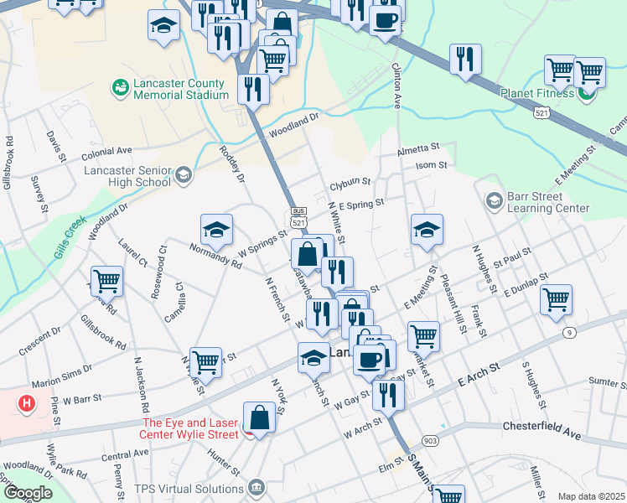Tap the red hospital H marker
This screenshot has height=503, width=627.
tap(28, 403)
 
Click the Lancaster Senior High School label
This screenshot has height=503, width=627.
tap(127, 176)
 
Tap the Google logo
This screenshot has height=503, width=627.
tap(28, 492)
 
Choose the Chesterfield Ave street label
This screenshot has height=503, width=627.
tap(541, 425)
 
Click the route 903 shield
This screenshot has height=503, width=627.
tap(431, 440)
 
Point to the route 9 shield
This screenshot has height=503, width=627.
tap(570, 333)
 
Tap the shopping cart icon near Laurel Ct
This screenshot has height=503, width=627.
tap(106, 281)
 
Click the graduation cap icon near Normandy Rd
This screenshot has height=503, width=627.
tap(216, 229)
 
